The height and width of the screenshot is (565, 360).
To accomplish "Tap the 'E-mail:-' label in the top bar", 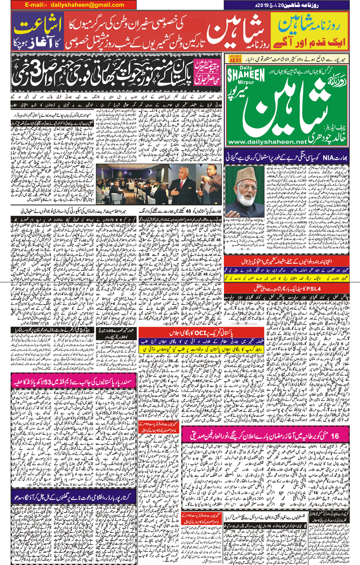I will [36, 5].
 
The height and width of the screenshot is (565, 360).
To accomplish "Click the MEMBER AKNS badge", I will [235, 59].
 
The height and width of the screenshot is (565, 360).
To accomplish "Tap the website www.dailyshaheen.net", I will [267, 142].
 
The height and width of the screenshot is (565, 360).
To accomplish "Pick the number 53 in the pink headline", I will [50, 382].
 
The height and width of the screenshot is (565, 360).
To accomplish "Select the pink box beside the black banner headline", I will [207, 73].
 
